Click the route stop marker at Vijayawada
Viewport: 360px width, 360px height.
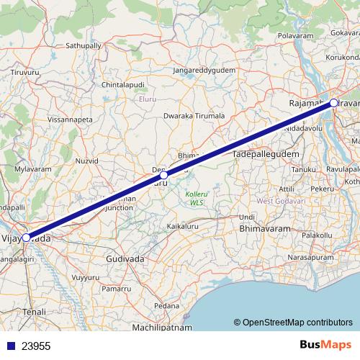[26, 237]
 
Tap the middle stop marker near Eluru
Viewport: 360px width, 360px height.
[164, 175]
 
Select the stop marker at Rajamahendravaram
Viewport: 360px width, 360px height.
[334, 103]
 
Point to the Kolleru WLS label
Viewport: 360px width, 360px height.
[197, 198]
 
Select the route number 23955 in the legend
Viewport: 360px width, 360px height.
[36, 346]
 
